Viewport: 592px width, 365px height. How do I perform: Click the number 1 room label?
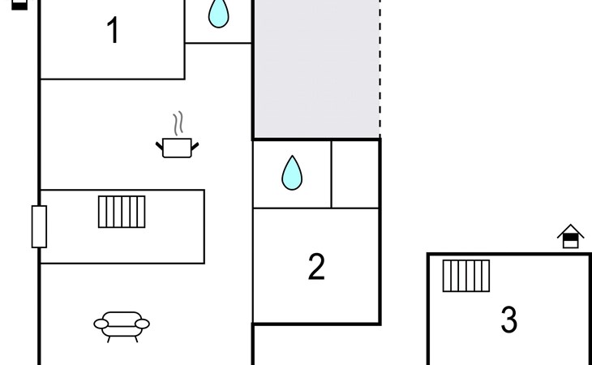coord(114,31)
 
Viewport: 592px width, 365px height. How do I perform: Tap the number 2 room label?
coord(316,267)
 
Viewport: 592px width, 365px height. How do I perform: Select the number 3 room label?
coord(508,320)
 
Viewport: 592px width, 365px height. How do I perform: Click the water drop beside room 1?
coord(217,14)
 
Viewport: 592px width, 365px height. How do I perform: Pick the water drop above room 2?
coord(292,173)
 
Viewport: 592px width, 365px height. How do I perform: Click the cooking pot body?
coord(177,148)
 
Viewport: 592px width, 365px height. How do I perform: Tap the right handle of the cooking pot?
coord(194,145)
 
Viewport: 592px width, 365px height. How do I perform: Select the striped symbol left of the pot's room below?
coord(122,212)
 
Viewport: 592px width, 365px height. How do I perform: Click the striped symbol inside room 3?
coord(466,276)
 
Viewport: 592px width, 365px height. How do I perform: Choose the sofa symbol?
coord(122,324)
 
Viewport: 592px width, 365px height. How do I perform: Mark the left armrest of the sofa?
coord(101,324)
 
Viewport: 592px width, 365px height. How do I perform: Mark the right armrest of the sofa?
coord(143,324)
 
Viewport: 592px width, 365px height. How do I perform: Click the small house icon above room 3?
coord(571,237)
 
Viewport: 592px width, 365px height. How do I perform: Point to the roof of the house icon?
coord(571,230)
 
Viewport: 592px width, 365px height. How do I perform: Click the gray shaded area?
coord(316,69)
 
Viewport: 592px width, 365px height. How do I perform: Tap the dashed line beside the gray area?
coord(380,69)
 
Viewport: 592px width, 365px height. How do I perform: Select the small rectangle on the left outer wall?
coord(39,226)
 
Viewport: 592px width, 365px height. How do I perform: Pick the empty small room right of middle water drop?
coord(355,174)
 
